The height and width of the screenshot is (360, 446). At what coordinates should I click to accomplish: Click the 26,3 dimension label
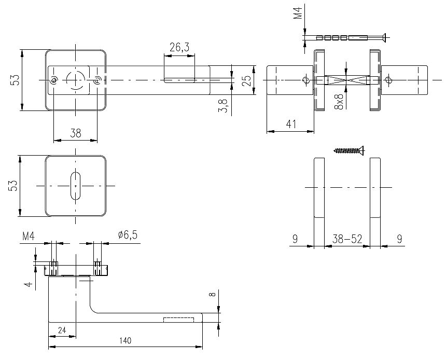pos(179,47)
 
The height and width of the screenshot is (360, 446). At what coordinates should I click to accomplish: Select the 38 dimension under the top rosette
pos(76,133)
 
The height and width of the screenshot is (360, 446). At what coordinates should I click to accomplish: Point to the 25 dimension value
pos(247,80)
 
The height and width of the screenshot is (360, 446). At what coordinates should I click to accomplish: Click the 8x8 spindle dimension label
pos(340,101)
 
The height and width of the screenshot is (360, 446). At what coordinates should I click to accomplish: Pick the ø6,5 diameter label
pos(128,236)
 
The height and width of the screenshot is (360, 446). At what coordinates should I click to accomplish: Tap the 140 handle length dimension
pos(125,341)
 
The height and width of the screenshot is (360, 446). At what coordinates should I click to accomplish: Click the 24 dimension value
pos(62,330)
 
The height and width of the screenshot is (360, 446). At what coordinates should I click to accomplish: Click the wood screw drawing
pos(349,151)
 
